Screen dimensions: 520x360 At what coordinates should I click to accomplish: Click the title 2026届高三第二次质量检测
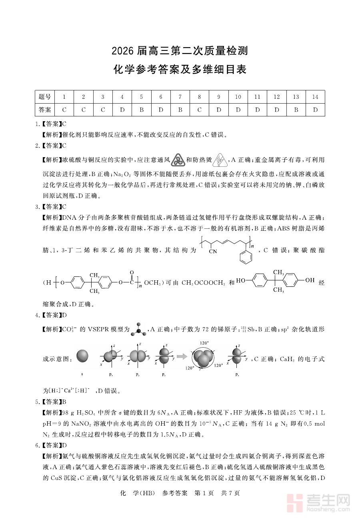click(180, 51)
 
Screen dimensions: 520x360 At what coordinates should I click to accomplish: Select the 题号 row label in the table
click(44, 97)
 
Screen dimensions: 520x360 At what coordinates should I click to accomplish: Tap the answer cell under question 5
click(141, 110)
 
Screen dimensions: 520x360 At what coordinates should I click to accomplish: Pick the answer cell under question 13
click(296, 110)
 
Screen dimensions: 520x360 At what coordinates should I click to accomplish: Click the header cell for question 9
click(219, 97)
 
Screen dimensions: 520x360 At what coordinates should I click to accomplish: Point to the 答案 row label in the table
click(44, 110)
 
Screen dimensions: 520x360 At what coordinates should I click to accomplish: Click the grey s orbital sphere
click(82, 356)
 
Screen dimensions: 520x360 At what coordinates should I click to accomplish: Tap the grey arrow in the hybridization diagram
click(182, 356)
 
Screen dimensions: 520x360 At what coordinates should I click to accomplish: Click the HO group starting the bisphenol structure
click(241, 281)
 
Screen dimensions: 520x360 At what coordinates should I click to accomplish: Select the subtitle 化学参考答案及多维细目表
click(180, 70)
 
